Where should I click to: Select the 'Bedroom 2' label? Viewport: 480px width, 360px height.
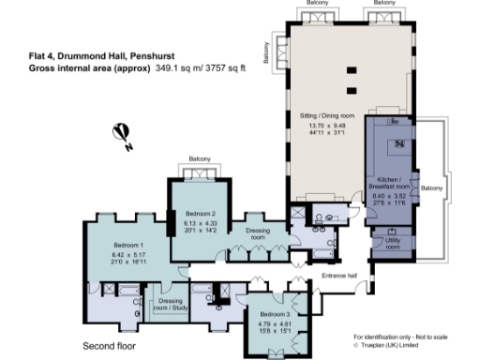[199, 213]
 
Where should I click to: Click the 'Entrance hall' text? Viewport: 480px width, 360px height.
[339, 275]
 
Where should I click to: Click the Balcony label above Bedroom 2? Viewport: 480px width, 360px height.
[199, 158]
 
